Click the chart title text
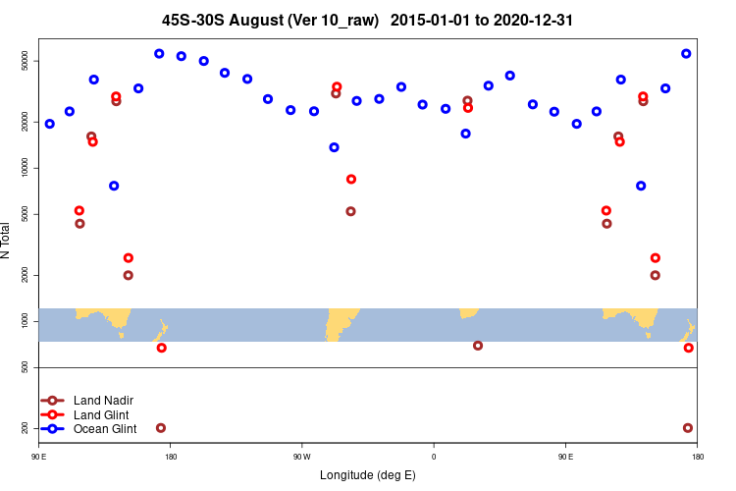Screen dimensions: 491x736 [367, 20]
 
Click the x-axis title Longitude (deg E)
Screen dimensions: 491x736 [368, 475]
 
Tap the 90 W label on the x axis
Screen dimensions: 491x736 [301, 457]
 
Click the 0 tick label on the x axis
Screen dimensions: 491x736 [434, 457]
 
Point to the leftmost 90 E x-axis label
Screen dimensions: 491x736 [39, 457]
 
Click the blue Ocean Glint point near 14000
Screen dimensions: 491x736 [335, 147]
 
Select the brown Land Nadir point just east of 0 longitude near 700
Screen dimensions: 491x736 [478, 346]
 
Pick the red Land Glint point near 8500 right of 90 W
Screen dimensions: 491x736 [351, 179]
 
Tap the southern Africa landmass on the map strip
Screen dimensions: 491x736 [468, 312]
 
